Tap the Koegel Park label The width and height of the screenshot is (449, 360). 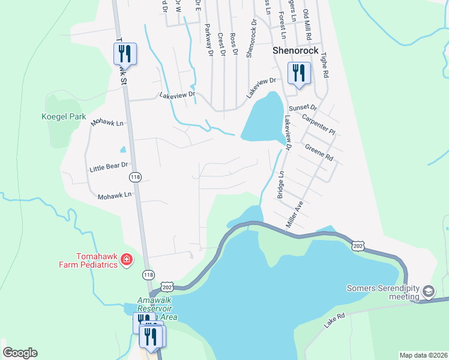[64, 117]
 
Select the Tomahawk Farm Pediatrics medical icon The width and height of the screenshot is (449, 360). [127, 259]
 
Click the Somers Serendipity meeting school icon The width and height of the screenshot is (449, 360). [429, 292]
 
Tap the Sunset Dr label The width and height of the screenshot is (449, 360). [302, 108]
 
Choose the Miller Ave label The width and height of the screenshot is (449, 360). [296, 214]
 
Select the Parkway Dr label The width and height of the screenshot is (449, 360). [208, 40]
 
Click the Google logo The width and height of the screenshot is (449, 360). [20, 353]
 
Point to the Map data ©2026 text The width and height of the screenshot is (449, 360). [423, 355]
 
